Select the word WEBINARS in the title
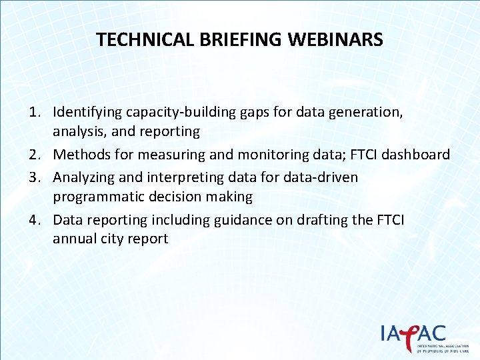336,40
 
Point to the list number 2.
35,155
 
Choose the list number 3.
35,177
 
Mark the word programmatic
98,197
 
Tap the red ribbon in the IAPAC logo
411,333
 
